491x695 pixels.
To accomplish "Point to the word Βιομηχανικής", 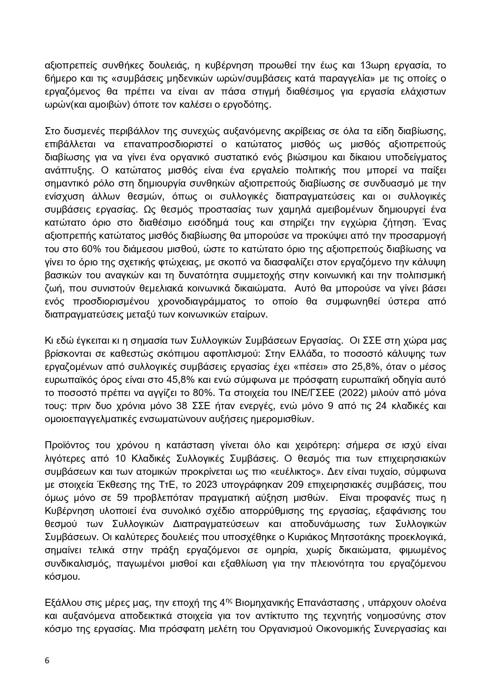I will click(x=261, y=603).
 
